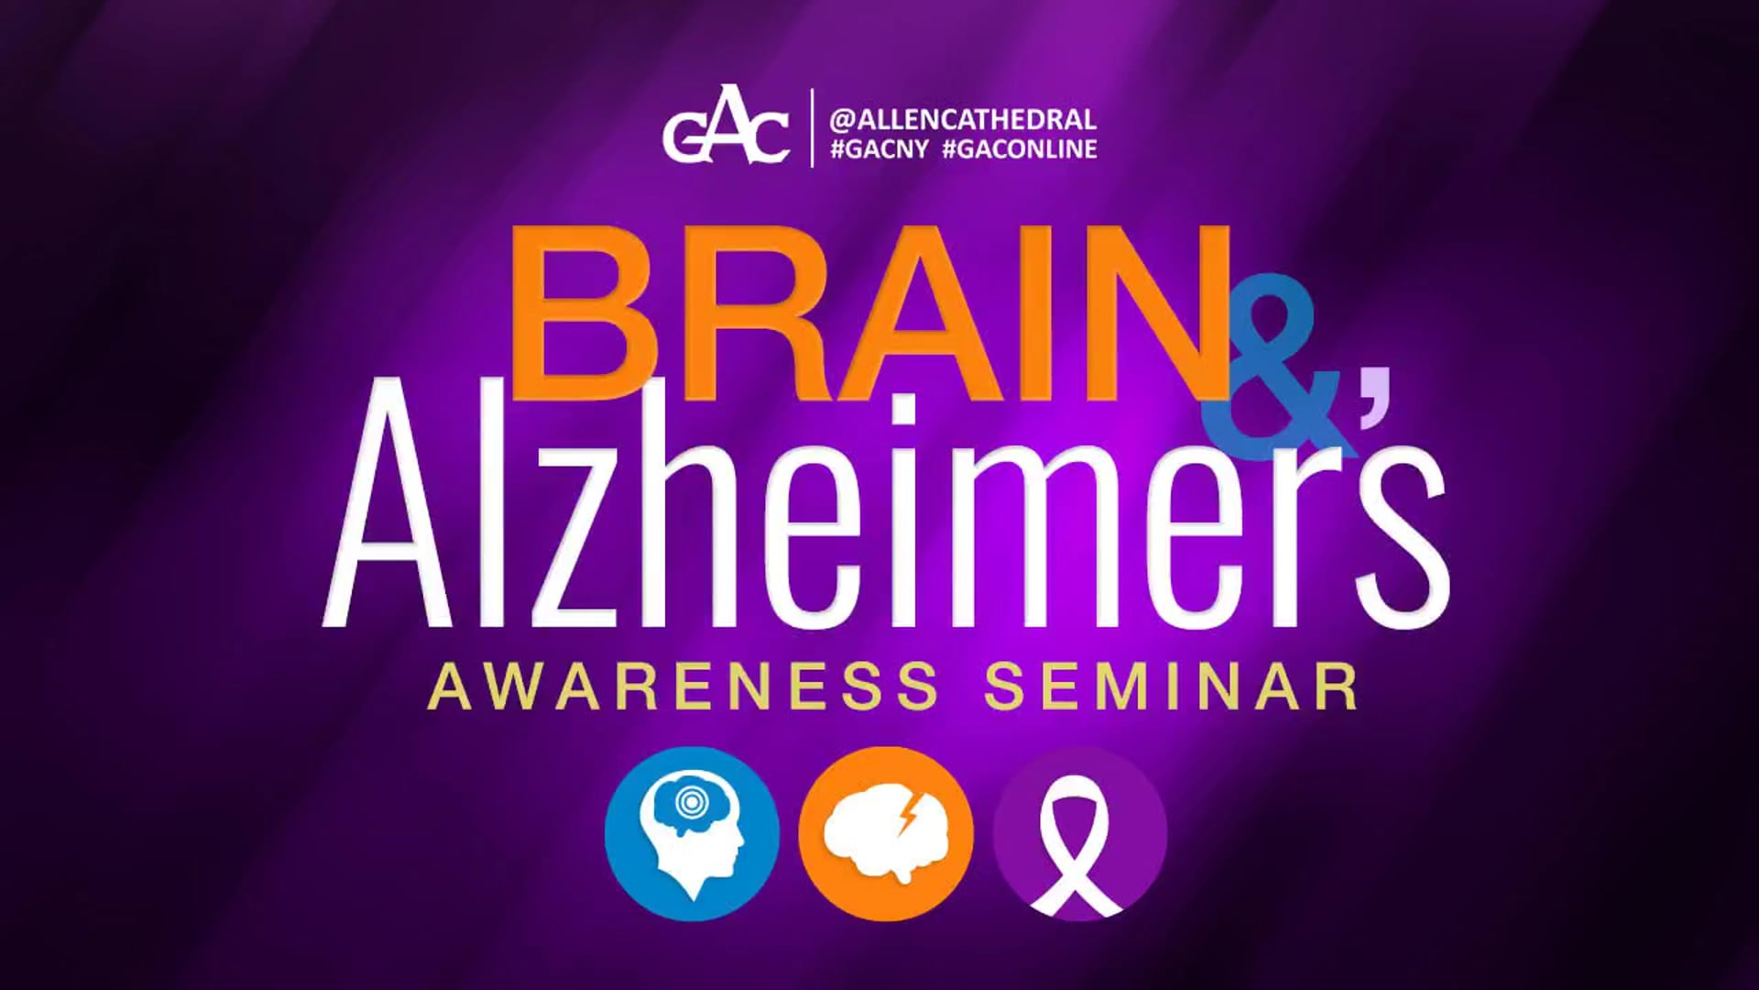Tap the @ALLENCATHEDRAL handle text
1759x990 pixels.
click(962, 120)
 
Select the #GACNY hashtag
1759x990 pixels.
click(879, 150)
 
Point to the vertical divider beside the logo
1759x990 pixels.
click(812, 128)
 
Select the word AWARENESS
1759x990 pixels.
click(683, 687)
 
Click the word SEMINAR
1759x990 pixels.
click(1172, 687)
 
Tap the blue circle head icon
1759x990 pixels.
click(692, 833)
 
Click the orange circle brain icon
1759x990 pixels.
click(885, 833)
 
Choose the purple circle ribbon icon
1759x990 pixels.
click(1079, 833)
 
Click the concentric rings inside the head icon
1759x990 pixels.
click(688, 802)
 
